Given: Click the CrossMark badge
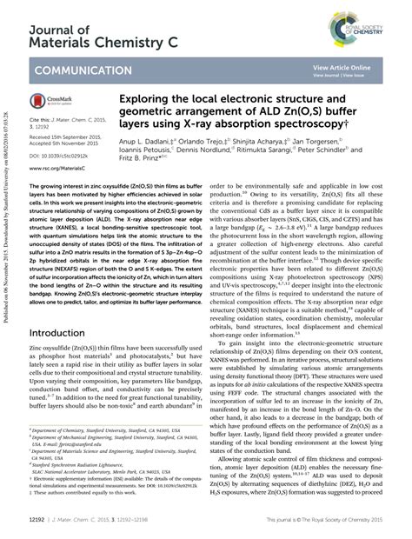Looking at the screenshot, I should tap(56, 101).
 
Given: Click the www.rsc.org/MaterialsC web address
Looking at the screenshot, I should tap(62, 167).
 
